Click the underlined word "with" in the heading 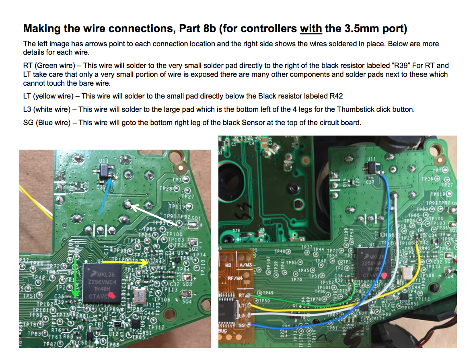click(x=311, y=29)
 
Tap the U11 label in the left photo click(x=105, y=161)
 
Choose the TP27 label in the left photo click(x=188, y=197)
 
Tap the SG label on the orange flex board click(x=241, y=325)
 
